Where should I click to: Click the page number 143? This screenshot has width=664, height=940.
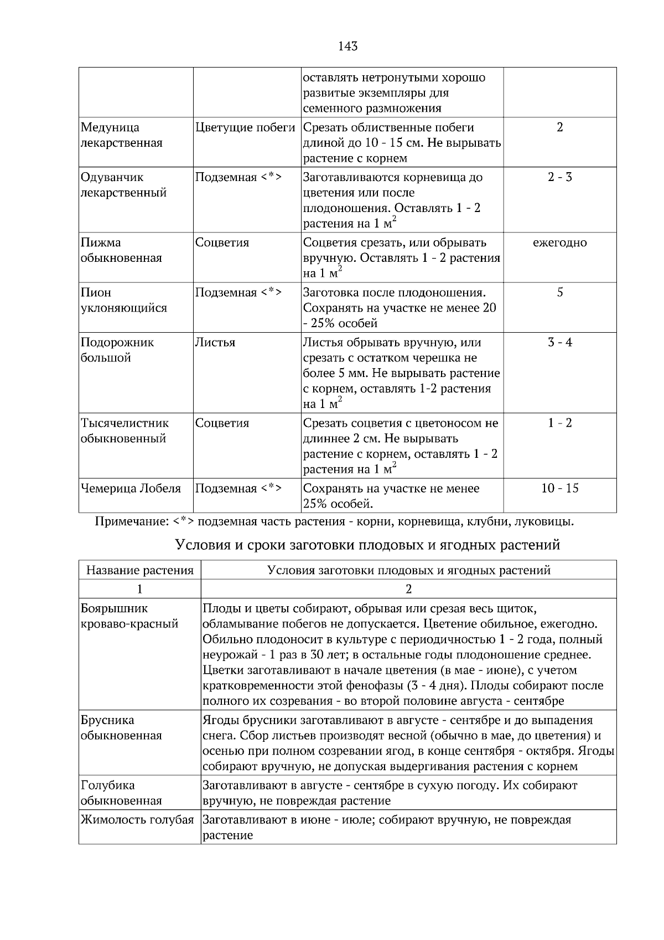pyautogui.click(x=347, y=47)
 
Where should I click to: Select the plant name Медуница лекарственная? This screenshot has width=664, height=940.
pyautogui.click(x=121, y=135)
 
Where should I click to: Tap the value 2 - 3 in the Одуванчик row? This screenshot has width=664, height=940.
pyautogui.click(x=559, y=178)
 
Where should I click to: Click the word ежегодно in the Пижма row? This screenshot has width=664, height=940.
pyautogui.click(x=559, y=242)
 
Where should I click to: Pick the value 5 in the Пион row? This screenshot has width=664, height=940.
pyautogui.click(x=559, y=292)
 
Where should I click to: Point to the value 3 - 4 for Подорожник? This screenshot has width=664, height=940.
pyautogui.click(x=559, y=342)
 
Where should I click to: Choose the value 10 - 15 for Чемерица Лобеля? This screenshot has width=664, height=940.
pyautogui.click(x=559, y=488)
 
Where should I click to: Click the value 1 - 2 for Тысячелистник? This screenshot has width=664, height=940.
pyautogui.click(x=559, y=423)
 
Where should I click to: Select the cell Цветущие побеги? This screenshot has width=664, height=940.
pyautogui.click(x=245, y=128)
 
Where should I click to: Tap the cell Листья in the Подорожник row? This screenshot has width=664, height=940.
pyautogui.click(x=215, y=342)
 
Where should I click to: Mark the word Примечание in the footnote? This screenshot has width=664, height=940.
pyautogui.click(x=131, y=521)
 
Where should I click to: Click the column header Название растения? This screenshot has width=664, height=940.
pyautogui.click(x=139, y=570)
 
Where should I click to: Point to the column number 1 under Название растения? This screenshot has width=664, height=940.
pyautogui.click(x=139, y=588)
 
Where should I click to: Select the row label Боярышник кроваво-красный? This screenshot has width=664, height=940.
pyautogui.click(x=129, y=616)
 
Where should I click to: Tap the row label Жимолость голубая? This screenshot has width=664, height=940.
pyautogui.click(x=137, y=820)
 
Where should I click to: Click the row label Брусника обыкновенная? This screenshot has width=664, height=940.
pyautogui.click(x=121, y=728)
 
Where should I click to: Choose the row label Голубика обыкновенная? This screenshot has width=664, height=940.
pyautogui.click(x=121, y=793)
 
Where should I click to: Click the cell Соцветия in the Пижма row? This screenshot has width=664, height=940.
pyautogui.click(x=222, y=242)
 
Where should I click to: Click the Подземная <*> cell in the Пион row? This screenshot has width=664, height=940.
pyautogui.click(x=238, y=292)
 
